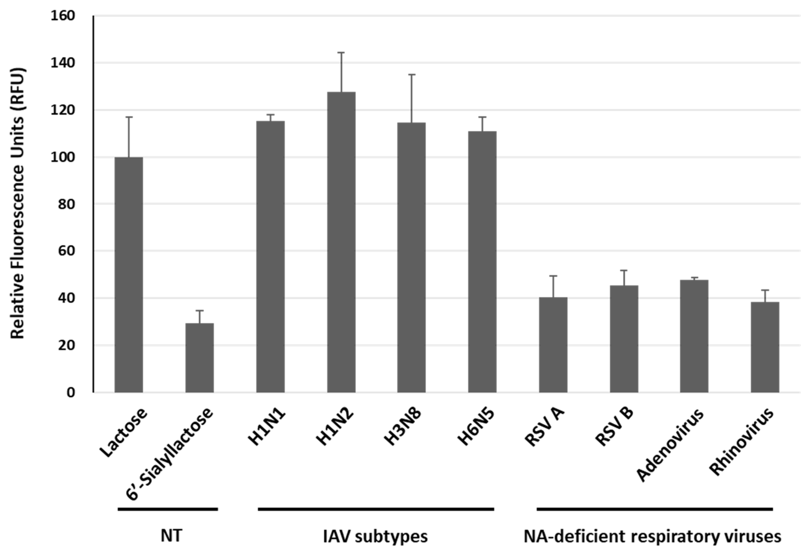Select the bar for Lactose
[129, 274]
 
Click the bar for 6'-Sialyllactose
[199, 358]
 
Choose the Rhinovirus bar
[765, 347]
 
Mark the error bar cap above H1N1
[270, 114]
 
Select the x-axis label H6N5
[476, 428]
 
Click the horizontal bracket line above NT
[168, 509]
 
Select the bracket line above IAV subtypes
[376, 509]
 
